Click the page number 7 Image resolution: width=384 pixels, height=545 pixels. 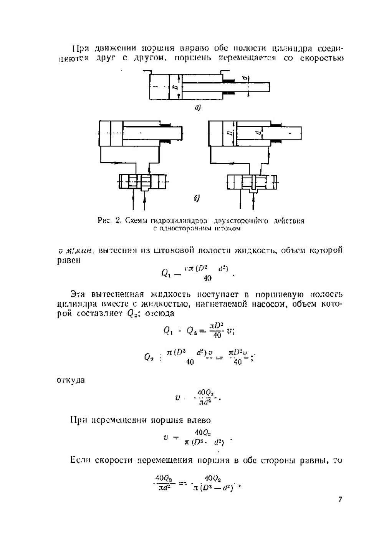click(x=340, y=500)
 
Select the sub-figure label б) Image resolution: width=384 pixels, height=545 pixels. click(x=196, y=198)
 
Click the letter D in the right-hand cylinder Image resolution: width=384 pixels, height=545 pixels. click(x=228, y=134)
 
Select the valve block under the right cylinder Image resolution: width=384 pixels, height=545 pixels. click(x=252, y=181)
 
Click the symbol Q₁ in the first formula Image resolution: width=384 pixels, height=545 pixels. click(x=166, y=273)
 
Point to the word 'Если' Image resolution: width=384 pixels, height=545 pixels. click(x=80, y=460)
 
